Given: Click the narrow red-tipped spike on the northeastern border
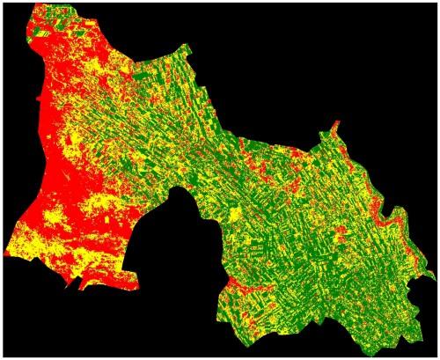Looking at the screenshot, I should [x=334, y=132].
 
